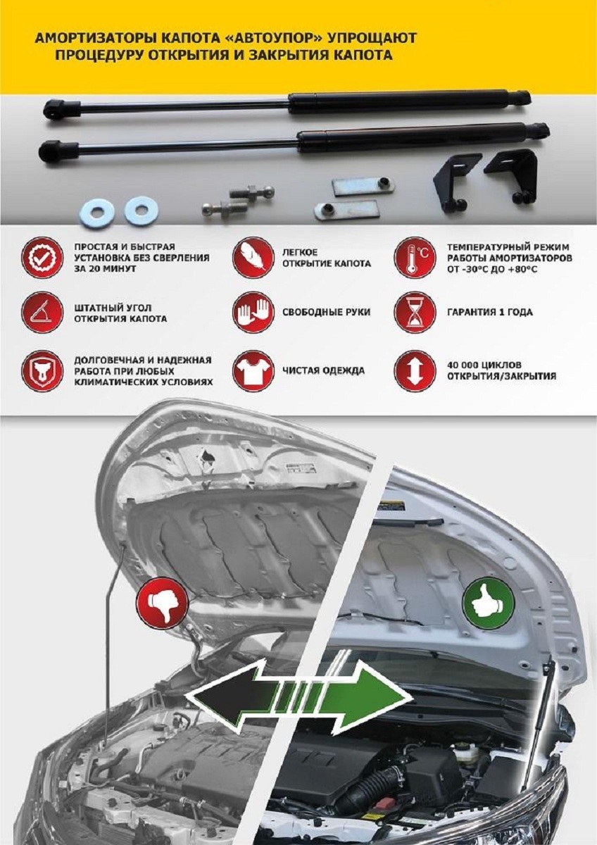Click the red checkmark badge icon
pos(42,258)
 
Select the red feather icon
pos(253,258)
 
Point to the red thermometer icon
pos(414,258)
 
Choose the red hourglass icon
pos(414,313)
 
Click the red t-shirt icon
pos(253,370)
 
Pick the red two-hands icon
pos(253,313)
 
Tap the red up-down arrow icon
pos(414,370)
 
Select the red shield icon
pos(42,370)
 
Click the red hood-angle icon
pos(42,313)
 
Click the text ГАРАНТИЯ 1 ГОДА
pos(490,313)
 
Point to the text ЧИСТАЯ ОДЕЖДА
pos(324,370)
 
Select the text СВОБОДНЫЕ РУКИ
pos(326,313)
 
